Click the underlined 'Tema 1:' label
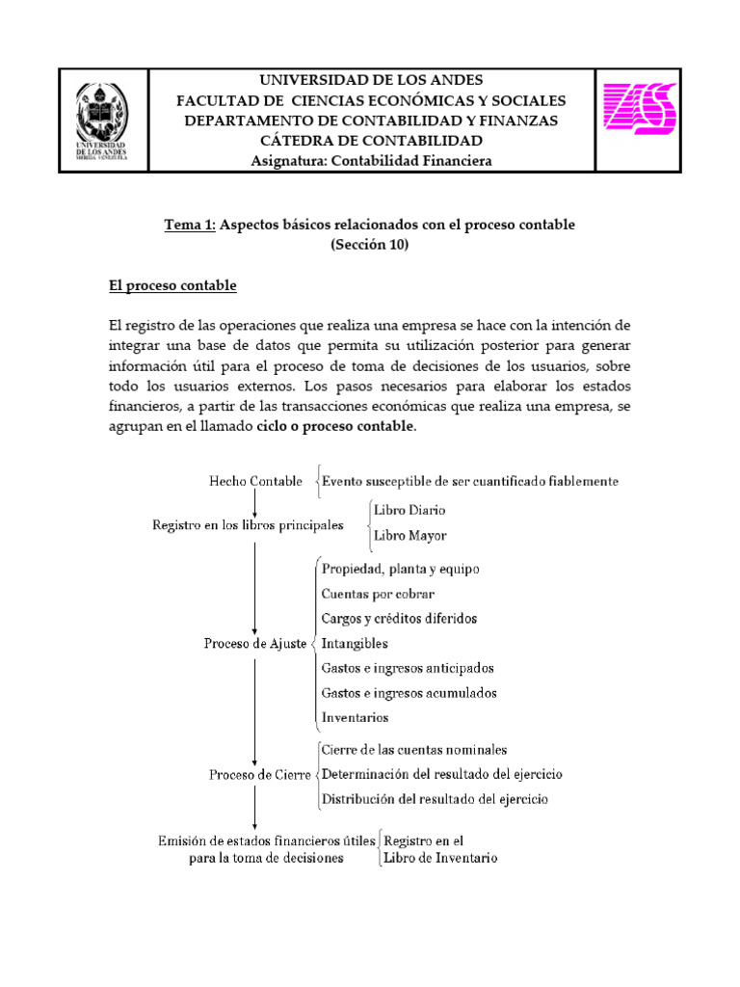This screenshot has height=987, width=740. [190, 225]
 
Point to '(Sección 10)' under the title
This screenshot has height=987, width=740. [370, 245]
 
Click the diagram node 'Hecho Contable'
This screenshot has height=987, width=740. [255, 480]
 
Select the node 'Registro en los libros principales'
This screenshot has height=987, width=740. [248, 525]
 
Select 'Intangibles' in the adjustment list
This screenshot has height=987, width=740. [357, 642]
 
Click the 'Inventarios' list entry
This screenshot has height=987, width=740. [356, 717]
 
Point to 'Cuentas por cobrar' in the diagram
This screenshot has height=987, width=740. [378, 593]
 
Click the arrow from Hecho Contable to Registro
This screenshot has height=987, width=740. [254, 502]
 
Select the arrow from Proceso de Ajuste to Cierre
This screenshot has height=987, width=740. [254, 708]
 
